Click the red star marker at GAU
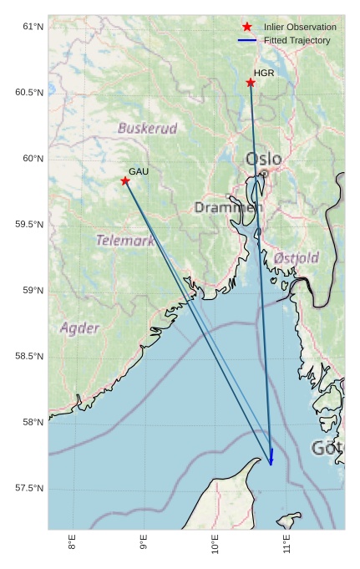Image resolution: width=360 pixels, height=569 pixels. pos(125,180)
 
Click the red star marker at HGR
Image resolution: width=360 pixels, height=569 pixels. pos(251,82)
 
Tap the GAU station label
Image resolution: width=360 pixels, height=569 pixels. pos(139,171)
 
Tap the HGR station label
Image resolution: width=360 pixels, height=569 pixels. pos(264,74)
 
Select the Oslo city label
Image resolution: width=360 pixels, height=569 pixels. pos(263,159)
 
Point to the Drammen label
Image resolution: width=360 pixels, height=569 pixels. pos(228,207)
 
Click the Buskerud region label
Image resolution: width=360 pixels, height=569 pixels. pos(147,129)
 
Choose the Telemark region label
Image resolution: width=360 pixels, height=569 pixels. pos(125,241)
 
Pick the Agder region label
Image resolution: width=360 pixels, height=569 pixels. pos(79,328)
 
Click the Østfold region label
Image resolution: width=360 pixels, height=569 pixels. pos(296,258)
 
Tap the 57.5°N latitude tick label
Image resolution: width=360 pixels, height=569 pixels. pos(28,489)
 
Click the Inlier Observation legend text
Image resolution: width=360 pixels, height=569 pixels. pos(300,28)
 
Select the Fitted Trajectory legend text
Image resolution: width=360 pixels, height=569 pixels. pos(297,40)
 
